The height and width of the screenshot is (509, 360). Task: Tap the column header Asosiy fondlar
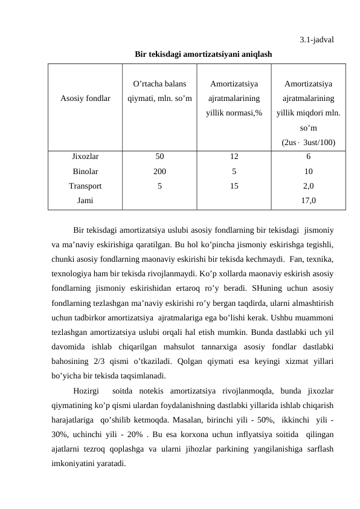[85, 97]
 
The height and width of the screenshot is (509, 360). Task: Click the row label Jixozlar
[85, 157]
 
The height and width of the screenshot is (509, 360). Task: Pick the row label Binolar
[85, 171]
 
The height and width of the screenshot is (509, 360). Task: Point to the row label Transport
[85, 186]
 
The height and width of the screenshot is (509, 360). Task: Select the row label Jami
[85, 201]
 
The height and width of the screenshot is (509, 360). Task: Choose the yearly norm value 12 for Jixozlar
[233, 157]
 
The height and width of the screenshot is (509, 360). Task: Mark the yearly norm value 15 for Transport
[233, 186]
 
